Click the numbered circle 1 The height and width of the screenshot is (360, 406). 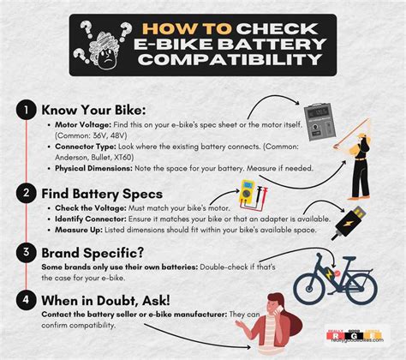click(27, 111)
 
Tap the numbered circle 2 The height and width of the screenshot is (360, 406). click(27, 193)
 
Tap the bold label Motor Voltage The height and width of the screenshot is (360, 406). click(78, 125)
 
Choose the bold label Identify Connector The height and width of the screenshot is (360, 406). click(87, 219)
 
